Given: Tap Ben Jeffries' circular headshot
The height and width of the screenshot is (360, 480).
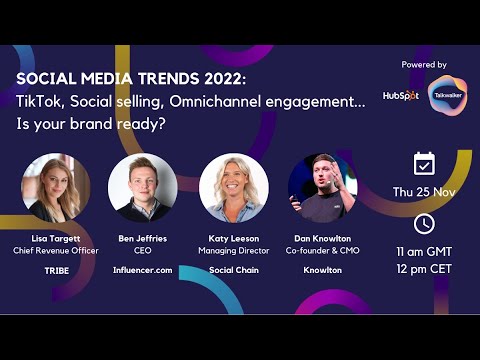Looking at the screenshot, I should pos(143,187).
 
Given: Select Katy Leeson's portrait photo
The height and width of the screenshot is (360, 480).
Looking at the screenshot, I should pos(234,187).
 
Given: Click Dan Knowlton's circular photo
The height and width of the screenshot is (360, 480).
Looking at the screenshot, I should pos(322,187).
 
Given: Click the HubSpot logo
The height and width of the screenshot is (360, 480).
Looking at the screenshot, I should pos(400,95).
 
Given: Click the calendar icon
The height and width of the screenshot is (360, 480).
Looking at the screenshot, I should pos(424,163).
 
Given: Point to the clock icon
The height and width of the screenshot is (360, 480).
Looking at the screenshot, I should pos(424,223).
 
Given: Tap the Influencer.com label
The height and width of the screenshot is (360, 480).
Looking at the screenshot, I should pos(143,270).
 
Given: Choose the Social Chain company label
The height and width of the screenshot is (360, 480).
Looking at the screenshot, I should pos(234,270).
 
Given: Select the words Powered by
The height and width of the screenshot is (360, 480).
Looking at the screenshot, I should pos(424,65).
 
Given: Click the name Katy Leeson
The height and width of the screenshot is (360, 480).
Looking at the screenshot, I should pos(234,239).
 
